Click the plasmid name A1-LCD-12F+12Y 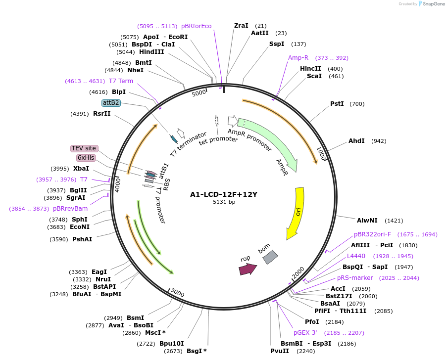click(x=224, y=194)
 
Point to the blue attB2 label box click(x=111, y=103)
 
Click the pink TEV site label click(x=84, y=148)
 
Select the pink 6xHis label click(x=86, y=158)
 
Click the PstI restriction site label click(x=337, y=104)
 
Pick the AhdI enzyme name click(x=356, y=141)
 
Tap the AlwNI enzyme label click(x=367, y=220)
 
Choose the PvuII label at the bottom click(x=280, y=351)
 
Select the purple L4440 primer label click(x=356, y=256)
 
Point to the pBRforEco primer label click(x=196, y=26)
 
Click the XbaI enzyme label click(x=82, y=169)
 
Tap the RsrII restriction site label click(x=102, y=114)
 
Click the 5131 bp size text click(x=224, y=202)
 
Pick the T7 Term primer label click(x=121, y=81)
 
